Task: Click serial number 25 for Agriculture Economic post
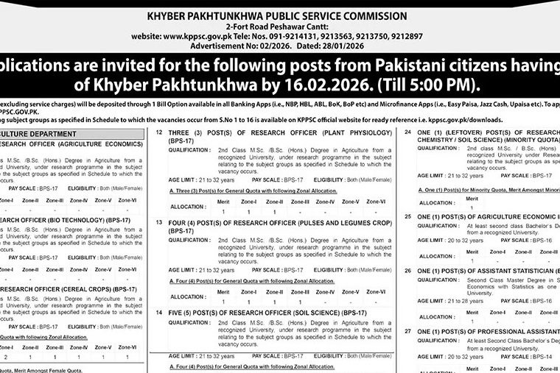(408, 216)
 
